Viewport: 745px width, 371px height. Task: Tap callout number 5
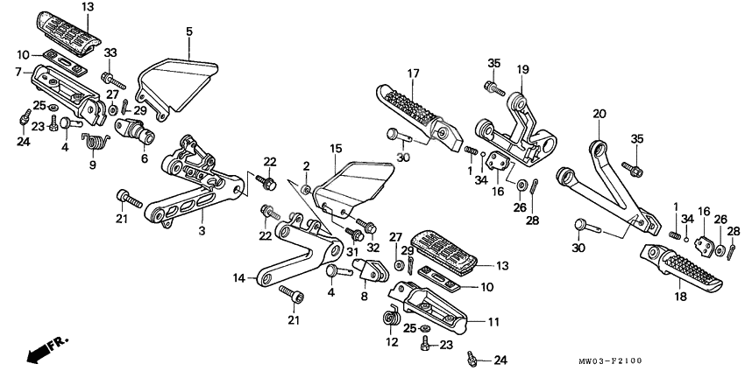[189, 32]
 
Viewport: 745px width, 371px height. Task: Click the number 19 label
[522, 69]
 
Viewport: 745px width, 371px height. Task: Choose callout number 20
[600, 114]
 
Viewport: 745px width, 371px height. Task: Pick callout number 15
[335, 150]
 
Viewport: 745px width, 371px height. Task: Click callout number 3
[202, 231]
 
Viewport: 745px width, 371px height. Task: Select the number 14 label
[238, 279]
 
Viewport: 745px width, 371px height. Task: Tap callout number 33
[110, 54]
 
